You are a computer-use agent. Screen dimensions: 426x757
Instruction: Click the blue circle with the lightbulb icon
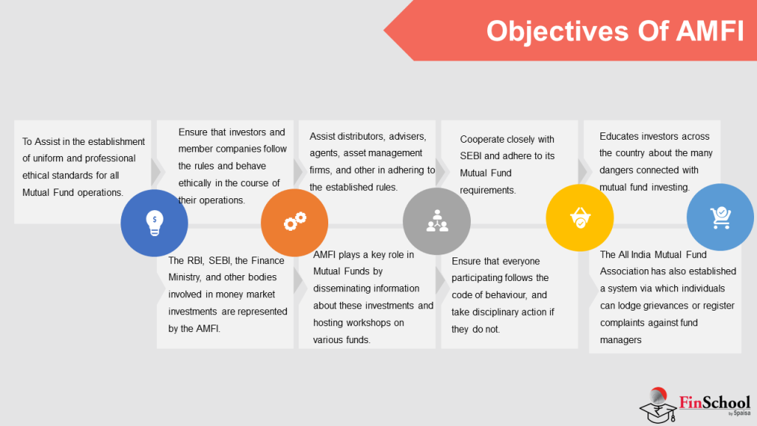tap(155, 223)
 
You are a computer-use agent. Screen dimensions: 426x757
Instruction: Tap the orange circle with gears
tap(295, 222)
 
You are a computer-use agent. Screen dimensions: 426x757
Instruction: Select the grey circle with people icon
tap(436, 222)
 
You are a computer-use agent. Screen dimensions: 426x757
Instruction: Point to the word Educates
tap(621, 136)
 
